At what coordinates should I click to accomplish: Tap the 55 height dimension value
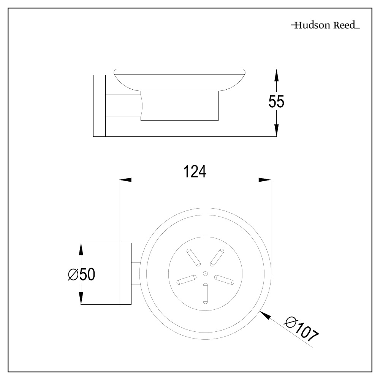point(276,102)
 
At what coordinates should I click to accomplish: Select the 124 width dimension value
point(195,172)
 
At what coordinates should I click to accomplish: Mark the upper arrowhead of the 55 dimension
point(277,75)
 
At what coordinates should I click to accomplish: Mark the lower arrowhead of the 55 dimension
point(277,130)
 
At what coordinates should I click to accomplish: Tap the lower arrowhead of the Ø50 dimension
point(81,298)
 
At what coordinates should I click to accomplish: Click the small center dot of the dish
point(205,273)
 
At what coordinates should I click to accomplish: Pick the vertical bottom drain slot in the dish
point(205,294)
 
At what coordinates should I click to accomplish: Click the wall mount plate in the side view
point(99,106)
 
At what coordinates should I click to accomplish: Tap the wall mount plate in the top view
point(125,274)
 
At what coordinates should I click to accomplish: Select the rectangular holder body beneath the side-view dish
point(180,106)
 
